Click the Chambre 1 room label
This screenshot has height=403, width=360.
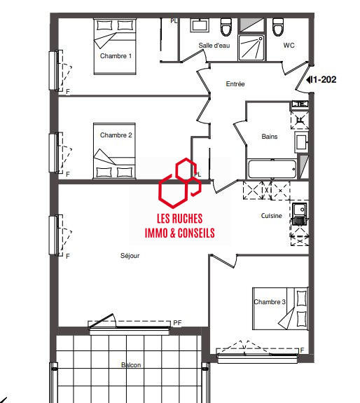point(116,55)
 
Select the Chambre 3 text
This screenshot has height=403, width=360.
point(270,302)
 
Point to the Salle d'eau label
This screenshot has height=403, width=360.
point(214,46)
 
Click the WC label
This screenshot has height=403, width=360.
point(289,46)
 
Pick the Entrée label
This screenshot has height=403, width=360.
point(235,84)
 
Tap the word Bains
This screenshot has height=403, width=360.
point(270,137)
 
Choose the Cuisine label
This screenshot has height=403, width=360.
point(272,216)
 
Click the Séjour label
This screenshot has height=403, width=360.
point(130,256)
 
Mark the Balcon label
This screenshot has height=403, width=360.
point(131,365)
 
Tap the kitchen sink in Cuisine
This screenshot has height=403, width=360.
point(300,211)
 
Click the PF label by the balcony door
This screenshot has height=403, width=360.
point(178,323)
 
